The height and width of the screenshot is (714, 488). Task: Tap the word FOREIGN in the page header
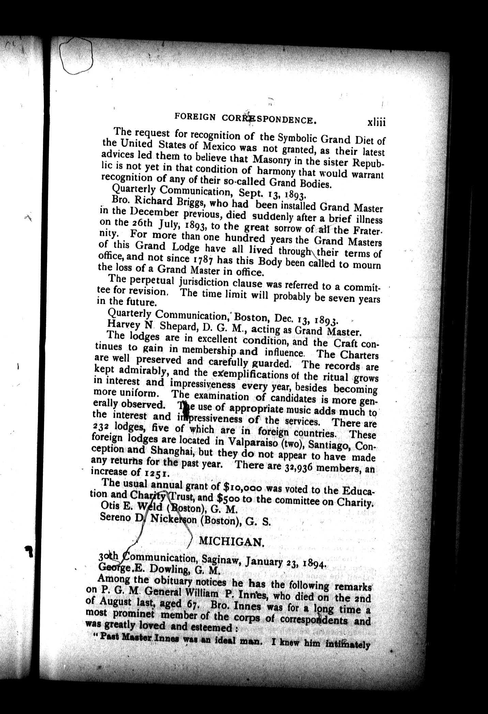[x=195, y=117]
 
